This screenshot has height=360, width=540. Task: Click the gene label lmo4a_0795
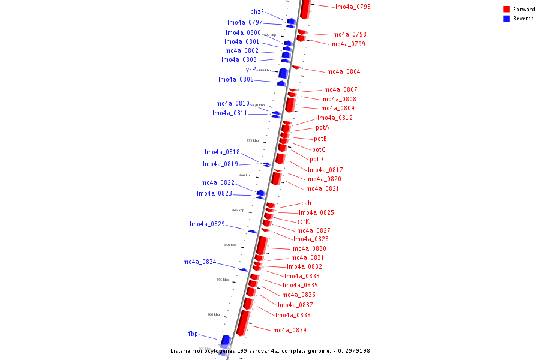click(x=353, y=7)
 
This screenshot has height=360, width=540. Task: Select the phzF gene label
click(x=257, y=12)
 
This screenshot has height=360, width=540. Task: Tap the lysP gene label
click(x=250, y=70)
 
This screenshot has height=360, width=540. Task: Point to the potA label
click(x=322, y=127)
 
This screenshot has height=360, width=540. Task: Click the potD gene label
click(x=316, y=160)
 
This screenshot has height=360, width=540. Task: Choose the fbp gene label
click(x=193, y=334)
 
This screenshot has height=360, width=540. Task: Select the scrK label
click(x=303, y=221)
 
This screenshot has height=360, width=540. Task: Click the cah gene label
click(x=306, y=203)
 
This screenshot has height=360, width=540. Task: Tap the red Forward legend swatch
click(x=506, y=9)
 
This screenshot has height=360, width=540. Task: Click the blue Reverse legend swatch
click(x=506, y=19)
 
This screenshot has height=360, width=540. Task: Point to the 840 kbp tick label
click(x=245, y=175)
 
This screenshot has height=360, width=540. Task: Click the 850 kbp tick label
click(x=230, y=245)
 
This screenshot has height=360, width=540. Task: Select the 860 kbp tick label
click(x=214, y=314)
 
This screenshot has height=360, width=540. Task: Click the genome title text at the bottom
click(x=270, y=351)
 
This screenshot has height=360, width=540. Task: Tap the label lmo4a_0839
click(x=289, y=331)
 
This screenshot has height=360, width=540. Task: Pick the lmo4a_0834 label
click(x=199, y=262)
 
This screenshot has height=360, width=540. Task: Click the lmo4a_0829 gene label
click(x=207, y=224)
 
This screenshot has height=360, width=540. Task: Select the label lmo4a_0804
click(x=343, y=72)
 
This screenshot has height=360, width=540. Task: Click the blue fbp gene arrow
click(x=226, y=341)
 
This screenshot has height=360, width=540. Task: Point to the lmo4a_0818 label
click(x=222, y=152)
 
